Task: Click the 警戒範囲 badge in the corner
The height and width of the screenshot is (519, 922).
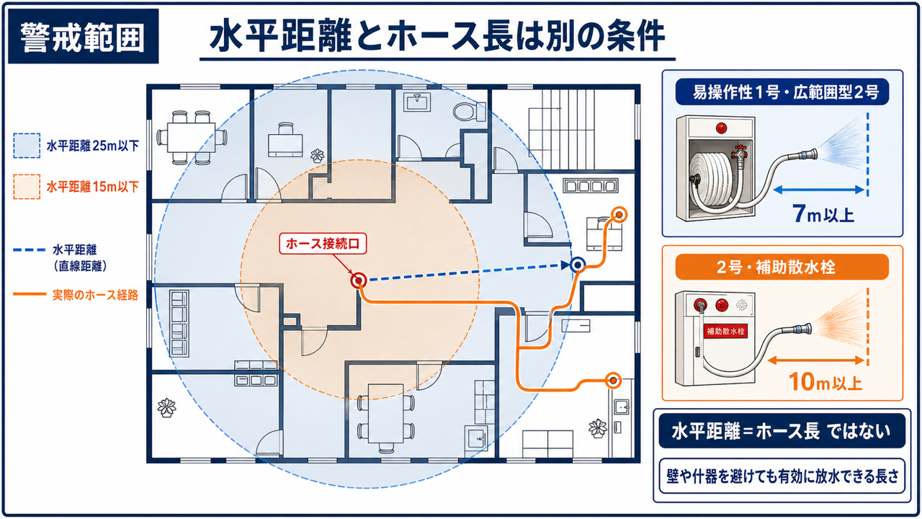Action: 83,36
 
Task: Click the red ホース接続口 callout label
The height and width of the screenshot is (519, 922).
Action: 323,244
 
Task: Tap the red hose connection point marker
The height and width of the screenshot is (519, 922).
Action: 359,280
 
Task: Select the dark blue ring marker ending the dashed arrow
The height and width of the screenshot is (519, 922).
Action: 578,265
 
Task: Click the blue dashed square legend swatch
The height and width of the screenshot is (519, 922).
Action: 27,146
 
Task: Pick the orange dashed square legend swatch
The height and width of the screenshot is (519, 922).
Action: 27,187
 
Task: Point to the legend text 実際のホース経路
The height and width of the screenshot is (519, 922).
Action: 95,295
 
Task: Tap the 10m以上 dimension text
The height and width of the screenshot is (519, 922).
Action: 825,382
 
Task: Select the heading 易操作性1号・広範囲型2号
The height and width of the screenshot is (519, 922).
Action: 786,92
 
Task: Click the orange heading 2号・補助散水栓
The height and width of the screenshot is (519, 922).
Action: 776,267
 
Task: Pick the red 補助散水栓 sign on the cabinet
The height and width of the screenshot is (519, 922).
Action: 725,331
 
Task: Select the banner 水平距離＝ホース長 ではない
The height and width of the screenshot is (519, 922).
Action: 782,431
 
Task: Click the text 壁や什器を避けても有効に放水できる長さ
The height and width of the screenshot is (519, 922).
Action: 782,476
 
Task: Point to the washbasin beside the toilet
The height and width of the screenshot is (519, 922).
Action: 417,102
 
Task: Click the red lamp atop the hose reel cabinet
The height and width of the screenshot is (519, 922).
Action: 721,128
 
